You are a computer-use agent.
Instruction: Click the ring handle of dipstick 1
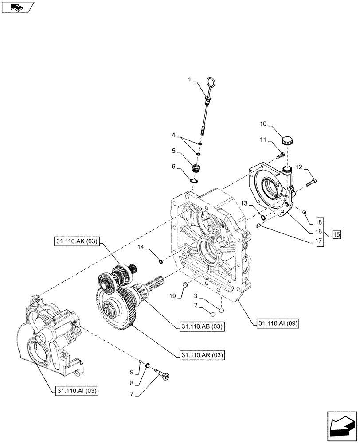211,83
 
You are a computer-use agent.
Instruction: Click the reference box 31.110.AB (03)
202,327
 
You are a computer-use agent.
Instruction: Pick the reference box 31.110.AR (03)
202,355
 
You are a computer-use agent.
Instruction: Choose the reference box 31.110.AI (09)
278,324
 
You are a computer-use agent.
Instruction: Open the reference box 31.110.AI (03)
77,391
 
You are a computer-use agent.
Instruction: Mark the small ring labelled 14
161,260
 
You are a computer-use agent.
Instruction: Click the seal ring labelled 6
193,180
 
